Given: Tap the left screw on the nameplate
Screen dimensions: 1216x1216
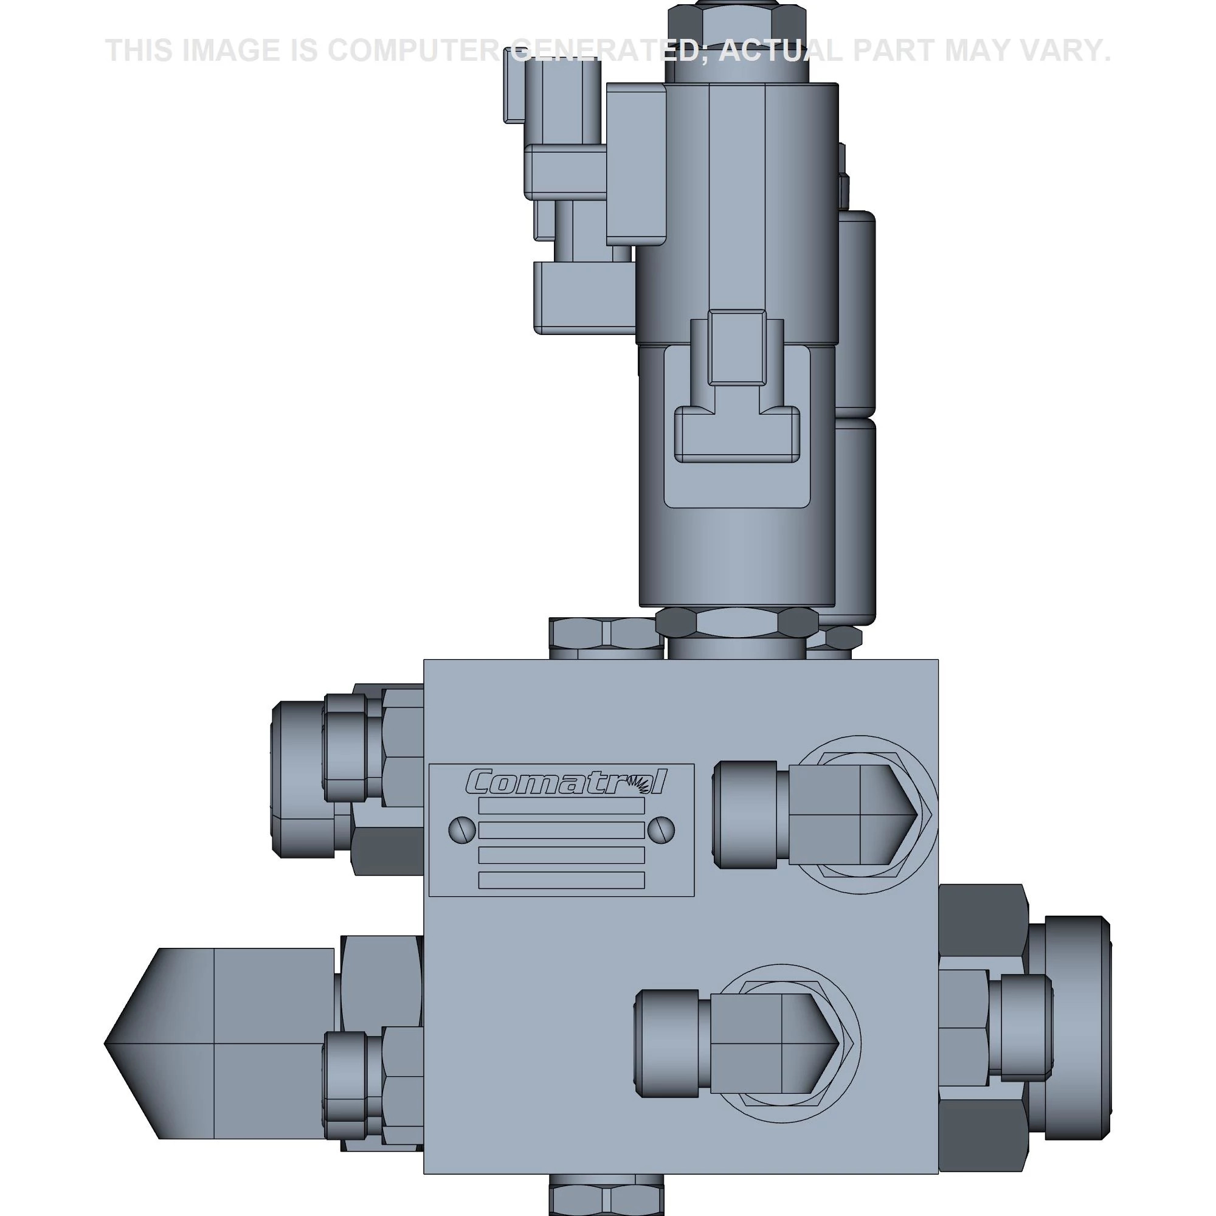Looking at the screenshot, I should tap(461, 829).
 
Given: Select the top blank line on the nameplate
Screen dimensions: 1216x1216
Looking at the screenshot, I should tap(561, 806).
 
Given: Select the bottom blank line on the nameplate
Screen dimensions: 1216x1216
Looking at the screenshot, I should tap(561, 880).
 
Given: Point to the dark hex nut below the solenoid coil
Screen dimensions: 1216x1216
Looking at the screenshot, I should tap(738, 623).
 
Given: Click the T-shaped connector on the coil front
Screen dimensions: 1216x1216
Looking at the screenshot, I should tap(736, 434).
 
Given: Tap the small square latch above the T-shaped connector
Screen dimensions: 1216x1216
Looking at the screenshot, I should tap(736, 347).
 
